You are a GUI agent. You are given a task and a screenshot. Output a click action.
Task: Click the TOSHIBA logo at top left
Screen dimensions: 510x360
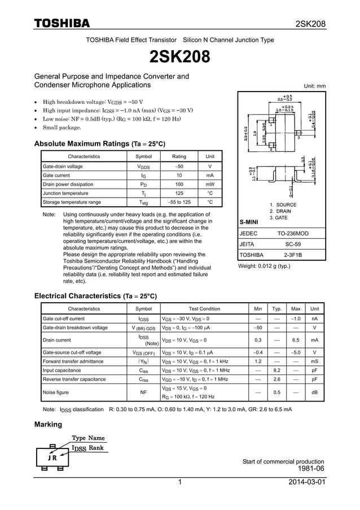[x=62, y=23]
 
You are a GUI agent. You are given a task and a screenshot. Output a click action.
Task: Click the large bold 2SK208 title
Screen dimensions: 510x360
[x=179, y=56]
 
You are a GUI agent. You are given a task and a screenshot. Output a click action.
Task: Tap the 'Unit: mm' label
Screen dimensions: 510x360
[x=314, y=86]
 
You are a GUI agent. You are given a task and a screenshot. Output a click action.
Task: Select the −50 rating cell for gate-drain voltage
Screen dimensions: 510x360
[x=179, y=167]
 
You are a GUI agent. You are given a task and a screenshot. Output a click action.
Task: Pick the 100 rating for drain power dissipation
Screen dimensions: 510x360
[x=179, y=184]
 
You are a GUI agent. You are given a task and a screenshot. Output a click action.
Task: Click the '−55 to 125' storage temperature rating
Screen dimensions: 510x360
[x=179, y=202]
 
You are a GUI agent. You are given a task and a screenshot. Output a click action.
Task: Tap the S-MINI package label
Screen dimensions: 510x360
[x=249, y=223]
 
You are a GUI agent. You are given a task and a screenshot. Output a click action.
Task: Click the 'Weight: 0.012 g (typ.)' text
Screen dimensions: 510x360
[x=264, y=266]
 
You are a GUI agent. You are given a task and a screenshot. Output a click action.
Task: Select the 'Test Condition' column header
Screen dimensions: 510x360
[x=204, y=309]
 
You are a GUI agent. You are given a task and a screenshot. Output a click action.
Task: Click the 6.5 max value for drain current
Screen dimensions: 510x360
[x=295, y=340]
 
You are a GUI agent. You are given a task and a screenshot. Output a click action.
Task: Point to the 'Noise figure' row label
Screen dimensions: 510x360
[x=56, y=392]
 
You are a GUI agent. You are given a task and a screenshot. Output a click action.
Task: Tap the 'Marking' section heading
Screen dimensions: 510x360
[x=49, y=424]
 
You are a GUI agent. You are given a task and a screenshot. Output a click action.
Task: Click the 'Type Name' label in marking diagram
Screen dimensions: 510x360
[x=88, y=438]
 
